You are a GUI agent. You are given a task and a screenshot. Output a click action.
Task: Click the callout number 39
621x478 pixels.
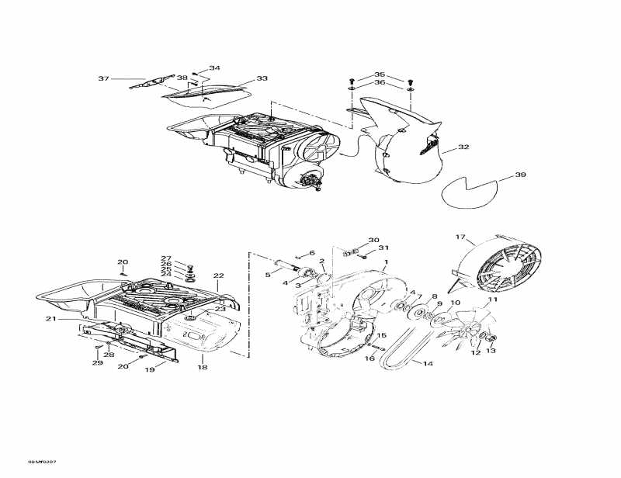[x=519, y=175]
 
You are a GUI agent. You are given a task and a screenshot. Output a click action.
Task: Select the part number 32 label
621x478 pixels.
[x=463, y=147]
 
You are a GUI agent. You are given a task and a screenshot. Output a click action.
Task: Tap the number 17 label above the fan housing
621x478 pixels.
[x=460, y=237]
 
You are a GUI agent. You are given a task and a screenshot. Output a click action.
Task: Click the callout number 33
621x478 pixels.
[x=262, y=78]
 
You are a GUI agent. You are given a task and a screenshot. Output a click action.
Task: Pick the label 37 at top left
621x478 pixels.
[x=103, y=78]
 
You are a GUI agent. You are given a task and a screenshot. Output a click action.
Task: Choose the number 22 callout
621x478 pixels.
[x=218, y=276]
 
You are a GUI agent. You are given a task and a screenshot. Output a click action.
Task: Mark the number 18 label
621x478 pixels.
[x=203, y=367]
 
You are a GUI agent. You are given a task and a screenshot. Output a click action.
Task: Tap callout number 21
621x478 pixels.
[x=50, y=319]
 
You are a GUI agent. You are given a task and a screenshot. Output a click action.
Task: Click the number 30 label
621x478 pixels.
[x=373, y=240]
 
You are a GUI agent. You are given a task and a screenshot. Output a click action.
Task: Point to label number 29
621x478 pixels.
[x=97, y=363]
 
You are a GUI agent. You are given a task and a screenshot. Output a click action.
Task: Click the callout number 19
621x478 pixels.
[x=150, y=370]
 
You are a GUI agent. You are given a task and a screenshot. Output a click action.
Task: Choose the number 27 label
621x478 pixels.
[x=165, y=258]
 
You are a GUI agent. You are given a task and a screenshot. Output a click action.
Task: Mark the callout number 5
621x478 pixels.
[x=268, y=274]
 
